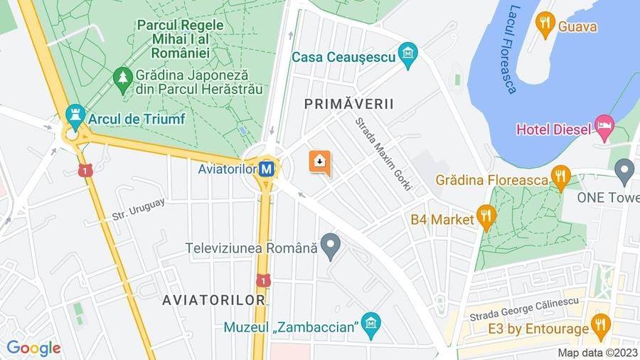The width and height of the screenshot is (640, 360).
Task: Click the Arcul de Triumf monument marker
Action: (x=75, y=115)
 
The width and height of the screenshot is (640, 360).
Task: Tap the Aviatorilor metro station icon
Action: (x=267, y=169)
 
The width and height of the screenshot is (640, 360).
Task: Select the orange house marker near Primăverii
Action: (x=319, y=162)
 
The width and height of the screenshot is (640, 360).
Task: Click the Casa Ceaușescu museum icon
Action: (x=407, y=55)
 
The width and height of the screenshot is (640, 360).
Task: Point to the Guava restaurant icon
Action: (x=545, y=26)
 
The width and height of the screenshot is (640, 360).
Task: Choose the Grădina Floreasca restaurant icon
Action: (x=561, y=178)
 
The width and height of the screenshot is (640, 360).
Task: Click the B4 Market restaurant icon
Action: (x=486, y=218)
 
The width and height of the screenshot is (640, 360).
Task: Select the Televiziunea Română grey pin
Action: (x=329, y=246)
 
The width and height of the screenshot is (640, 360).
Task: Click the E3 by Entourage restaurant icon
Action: (x=601, y=327)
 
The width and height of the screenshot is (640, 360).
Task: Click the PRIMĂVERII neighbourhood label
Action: (x=349, y=104)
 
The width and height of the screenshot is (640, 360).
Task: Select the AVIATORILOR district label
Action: (x=213, y=300)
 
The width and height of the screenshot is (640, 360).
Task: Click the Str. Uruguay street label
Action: (x=138, y=208)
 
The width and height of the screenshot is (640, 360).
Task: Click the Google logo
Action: (x=33, y=349)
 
